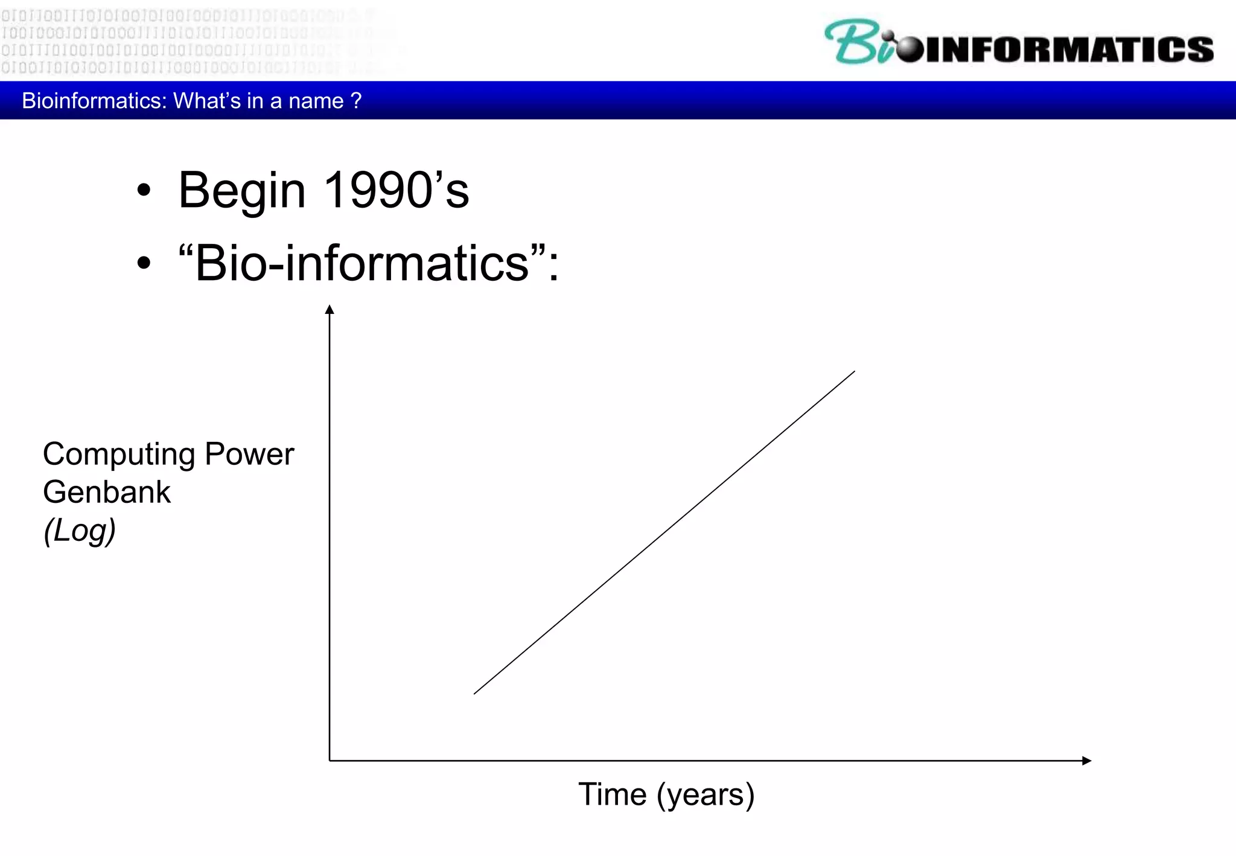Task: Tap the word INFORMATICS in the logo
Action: click(1068, 50)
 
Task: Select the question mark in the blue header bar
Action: click(356, 100)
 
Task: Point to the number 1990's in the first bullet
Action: click(396, 190)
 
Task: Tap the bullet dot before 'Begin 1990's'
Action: click(144, 191)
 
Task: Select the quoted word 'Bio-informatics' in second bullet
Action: click(362, 263)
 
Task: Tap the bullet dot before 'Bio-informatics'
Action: click(144, 263)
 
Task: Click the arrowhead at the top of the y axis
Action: click(330, 310)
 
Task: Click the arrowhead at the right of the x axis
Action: click(1086, 761)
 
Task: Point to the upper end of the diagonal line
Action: click(854, 372)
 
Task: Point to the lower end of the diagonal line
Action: click(475, 693)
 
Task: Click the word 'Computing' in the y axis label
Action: click(118, 455)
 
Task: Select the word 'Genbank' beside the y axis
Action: click(107, 492)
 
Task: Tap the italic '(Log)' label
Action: click(80, 531)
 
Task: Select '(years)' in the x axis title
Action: click(706, 795)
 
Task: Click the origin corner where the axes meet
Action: click(330, 761)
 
